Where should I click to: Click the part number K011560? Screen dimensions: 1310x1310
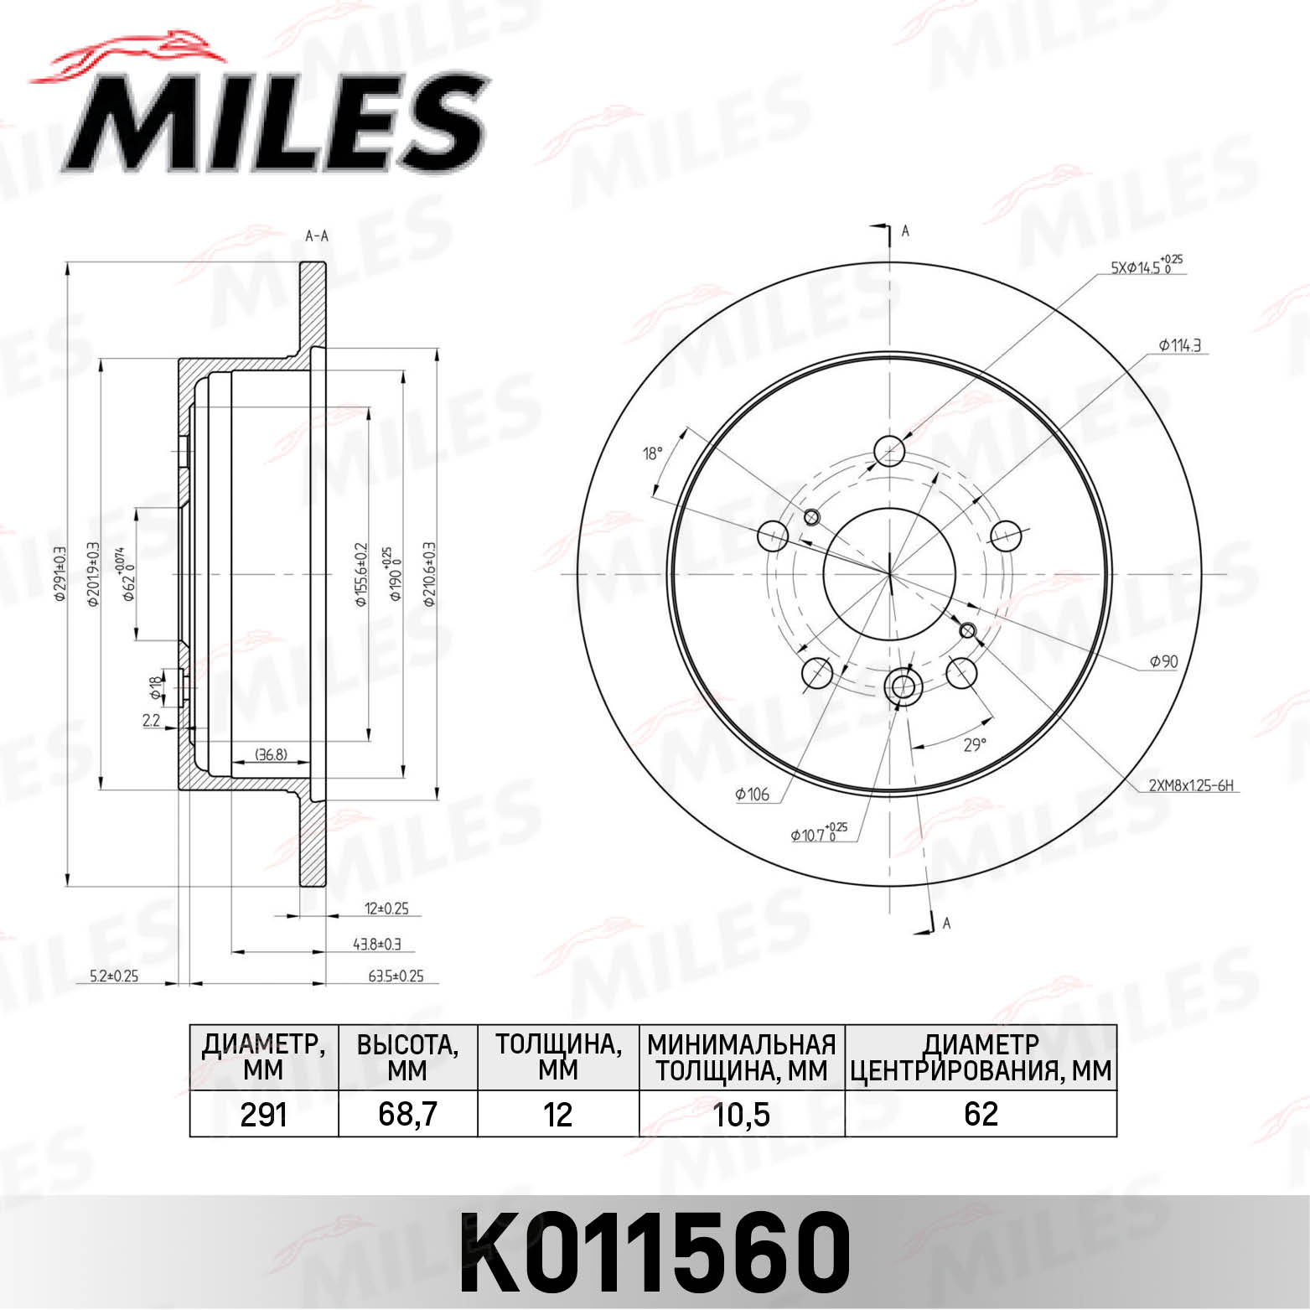point(655,1252)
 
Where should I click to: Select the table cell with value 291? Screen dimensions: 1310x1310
point(263,1114)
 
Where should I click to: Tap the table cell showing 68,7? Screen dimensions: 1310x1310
point(407,1114)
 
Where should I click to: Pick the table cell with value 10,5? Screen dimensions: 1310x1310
point(741,1114)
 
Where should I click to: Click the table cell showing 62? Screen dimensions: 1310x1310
point(980,1114)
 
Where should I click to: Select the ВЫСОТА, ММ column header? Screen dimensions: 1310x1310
point(407,1057)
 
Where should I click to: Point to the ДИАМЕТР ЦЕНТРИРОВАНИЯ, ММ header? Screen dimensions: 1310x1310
point(980,1057)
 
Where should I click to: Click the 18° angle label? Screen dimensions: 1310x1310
point(652,453)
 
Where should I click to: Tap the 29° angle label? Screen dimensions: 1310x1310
point(974,744)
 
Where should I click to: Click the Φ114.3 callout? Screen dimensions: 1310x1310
point(1181,344)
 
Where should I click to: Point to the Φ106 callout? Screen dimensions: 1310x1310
point(752,794)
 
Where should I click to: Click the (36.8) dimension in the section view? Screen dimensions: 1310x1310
point(271,754)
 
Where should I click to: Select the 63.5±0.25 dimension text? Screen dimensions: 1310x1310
point(396,976)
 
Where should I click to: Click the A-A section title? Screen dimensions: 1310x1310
point(316,236)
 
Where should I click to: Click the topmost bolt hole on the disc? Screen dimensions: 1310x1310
point(888,451)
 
